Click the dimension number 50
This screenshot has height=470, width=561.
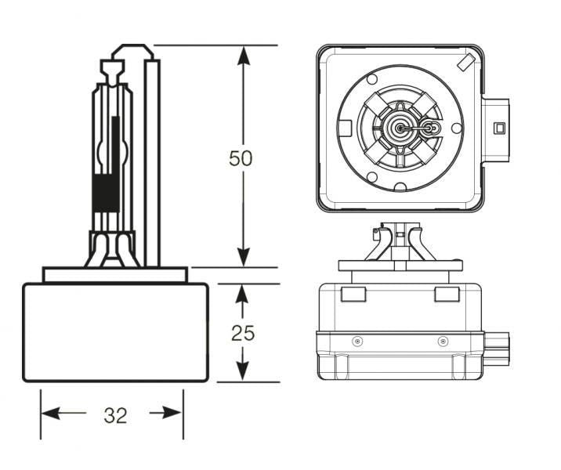[241, 158]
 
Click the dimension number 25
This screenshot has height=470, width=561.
[243, 333]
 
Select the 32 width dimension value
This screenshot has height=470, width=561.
[114, 415]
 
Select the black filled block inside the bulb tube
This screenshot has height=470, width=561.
[103, 194]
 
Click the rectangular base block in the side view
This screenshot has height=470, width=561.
[115, 332]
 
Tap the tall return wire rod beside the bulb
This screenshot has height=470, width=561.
[152, 157]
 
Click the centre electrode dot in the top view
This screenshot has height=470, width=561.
[400, 127]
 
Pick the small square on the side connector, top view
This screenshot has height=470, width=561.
[498, 126]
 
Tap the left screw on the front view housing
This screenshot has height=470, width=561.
[357, 341]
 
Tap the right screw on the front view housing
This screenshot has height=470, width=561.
[443, 341]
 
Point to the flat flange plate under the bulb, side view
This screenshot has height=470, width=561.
[115, 275]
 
